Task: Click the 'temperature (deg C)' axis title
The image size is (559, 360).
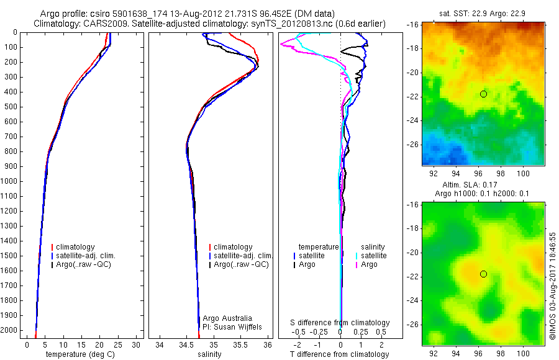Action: (x=78, y=354)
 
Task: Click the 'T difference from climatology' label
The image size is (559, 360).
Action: (x=340, y=354)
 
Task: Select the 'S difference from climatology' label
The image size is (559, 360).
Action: (x=340, y=323)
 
